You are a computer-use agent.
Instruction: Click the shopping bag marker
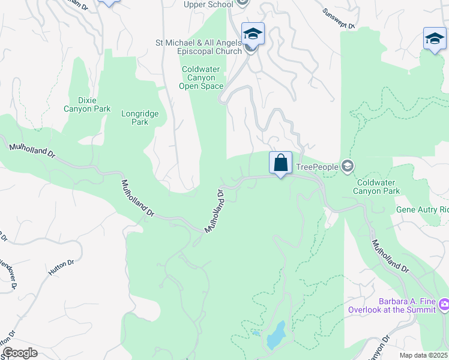point(280,163)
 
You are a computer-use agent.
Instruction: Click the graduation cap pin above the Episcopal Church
point(253,34)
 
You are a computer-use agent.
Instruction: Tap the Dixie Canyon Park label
point(87,104)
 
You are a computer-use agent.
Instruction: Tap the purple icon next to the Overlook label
point(444,305)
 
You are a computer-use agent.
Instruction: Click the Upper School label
point(208,5)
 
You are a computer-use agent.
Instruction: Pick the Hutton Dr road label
point(61,267)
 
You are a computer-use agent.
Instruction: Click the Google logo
point(20,353)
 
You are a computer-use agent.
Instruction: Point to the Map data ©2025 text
point(424,355)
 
